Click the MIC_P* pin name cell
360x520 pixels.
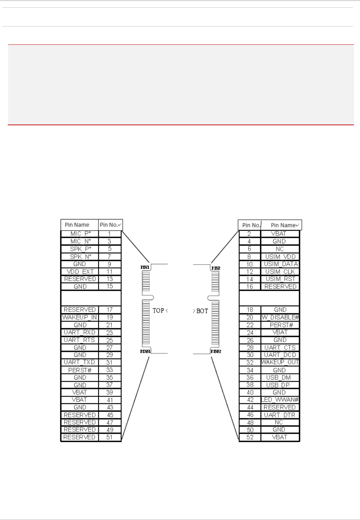[80, 234]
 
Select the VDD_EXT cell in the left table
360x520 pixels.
[80, 272]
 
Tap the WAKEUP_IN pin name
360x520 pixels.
[79, 317]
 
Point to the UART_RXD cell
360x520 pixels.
[79, 332]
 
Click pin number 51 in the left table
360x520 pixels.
[110, 437]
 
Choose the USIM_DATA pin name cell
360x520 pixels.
[281, 264]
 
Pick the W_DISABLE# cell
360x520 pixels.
[280, 317]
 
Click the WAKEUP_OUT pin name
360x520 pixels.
[280, 362]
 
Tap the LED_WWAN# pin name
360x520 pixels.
[280, 400]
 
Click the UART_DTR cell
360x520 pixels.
[280, 415]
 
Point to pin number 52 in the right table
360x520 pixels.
[250, 437]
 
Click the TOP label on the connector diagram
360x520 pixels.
[158, 310]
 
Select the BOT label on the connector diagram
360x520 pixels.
[202, 311]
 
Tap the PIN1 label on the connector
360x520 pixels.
[145, 267]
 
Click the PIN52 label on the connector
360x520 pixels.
[216, 351]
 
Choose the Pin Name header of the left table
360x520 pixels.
[77, 225]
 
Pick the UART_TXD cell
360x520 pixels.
[79, 362]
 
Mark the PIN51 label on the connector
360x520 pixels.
[145, 351]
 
